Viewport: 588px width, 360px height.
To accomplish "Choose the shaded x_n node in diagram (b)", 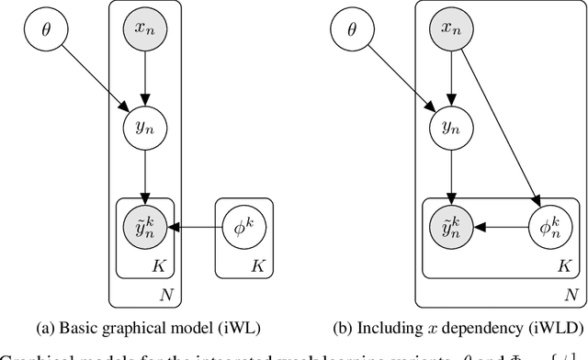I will (x=448, y=30).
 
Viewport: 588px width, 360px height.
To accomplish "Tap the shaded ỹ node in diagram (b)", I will (x=448, y=224).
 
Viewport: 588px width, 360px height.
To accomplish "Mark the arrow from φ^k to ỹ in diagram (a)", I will (x=194, y=224).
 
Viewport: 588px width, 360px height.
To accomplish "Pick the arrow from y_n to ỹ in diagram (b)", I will (x=448, y=174).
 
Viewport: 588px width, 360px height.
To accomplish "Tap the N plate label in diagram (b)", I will (x=571, y=295).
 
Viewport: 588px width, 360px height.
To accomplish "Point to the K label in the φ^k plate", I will (x=257, y=266).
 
